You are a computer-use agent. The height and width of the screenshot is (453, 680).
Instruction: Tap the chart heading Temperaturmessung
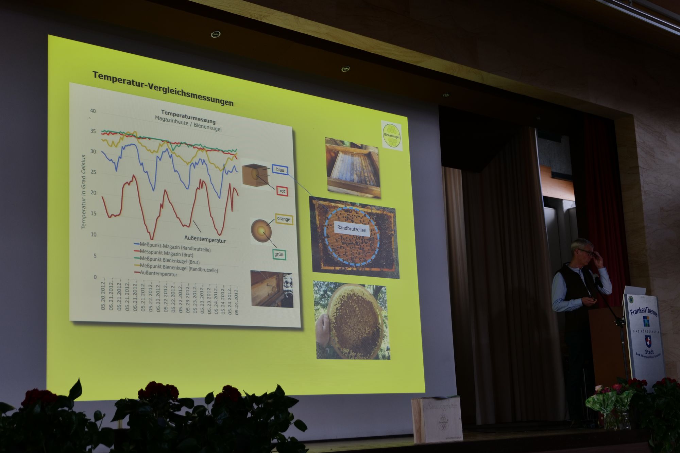click(188, 117)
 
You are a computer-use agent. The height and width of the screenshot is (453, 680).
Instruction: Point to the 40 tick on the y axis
click(93, 111)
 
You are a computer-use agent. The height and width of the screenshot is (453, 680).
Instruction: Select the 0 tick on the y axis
click(95, 277)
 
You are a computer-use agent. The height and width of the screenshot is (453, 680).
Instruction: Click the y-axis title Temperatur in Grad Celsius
click(83, 192)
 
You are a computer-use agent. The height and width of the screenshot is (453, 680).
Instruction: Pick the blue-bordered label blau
click(280, 170)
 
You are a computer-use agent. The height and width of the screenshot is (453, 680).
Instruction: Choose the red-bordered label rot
click(282, 191)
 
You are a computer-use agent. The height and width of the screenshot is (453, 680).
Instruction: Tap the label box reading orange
click(284, 219)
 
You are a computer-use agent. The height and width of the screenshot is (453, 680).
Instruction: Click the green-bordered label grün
click(279, 254)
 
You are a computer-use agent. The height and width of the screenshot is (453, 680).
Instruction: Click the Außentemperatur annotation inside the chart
click(205, 239)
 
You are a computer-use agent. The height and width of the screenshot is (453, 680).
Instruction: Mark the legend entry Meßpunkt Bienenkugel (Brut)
click(169, 260)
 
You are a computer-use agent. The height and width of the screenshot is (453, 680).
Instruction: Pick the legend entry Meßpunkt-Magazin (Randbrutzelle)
click(175, 247)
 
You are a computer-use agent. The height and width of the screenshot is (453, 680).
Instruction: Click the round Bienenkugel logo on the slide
click(392, 135)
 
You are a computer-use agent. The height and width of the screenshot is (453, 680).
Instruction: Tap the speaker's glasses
click(585, 252)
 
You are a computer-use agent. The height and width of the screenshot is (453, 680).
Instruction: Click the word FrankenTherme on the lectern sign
click(644, 310)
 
